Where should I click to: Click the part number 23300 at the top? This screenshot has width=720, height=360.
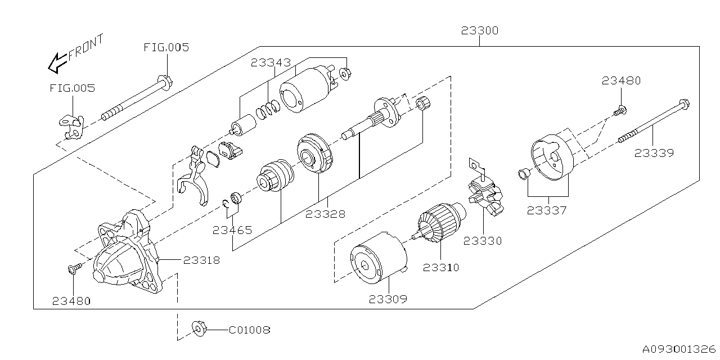[x=479, y=31]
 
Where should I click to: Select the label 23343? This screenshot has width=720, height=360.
[x=271, y=63]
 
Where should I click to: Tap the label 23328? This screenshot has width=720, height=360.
[x=326, y=214]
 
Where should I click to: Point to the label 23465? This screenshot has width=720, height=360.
[x=232, y=230]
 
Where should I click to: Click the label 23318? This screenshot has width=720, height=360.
[x=201, y=260]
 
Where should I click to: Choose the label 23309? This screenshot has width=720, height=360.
[x=388, y=299]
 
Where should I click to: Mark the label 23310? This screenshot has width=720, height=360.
[x=441, y=268]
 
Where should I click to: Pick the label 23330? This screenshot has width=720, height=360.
[x=483, y=241]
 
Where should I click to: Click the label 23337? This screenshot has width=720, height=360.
[x=547, y=211]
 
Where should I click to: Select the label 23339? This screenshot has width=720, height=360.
[x=654, y=152]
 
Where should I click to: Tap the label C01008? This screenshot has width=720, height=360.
[x=249, y=330]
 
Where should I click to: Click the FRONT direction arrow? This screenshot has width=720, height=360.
[x=56, y=62]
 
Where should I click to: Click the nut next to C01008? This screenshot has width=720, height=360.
[x=199, y=328]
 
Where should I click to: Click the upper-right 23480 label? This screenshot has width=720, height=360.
[x=621, y=81]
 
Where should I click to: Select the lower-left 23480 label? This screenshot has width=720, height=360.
[x=71, y=301]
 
